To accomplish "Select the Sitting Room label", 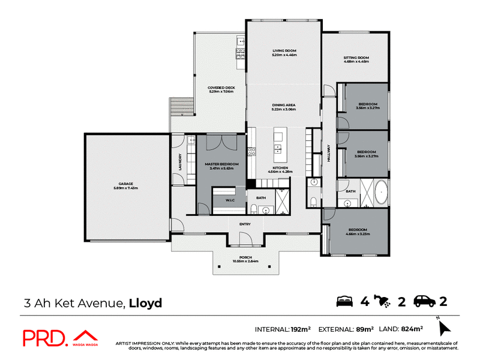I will coord(356,59).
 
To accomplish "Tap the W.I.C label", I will coord(229,200).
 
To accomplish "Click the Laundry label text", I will coord(179,161).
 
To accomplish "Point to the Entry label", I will coord(245,224).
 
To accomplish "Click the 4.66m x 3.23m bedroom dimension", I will coord(358,234).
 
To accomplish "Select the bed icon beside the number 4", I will coord(344,301).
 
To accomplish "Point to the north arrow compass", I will coord(443,327).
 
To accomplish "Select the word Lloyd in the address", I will coord(145,302).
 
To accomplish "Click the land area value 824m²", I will coord(412,329).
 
